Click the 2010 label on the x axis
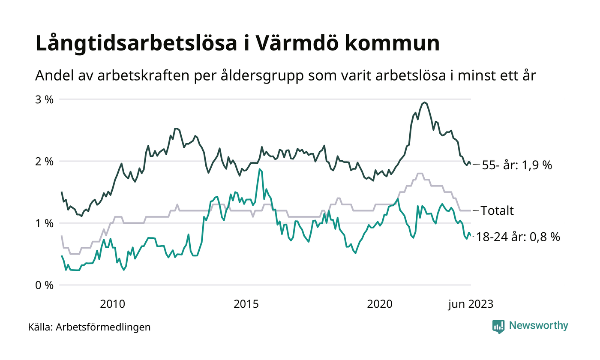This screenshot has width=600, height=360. click(112, 304)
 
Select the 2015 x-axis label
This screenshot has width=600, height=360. click(246, 304)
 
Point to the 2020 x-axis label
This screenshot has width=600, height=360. click(380, 304)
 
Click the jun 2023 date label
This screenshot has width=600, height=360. click(471, 304)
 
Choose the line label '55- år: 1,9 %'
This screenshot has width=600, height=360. click(517, 165)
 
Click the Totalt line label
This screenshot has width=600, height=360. click(497, 210)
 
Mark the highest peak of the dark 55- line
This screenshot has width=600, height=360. click(424, 102)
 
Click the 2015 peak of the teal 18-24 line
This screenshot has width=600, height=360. click(259, 169)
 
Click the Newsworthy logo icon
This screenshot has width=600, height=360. click(498, 326)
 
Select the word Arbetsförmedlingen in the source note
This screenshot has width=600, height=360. click(103, 327)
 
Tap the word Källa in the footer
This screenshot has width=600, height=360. click(40, 327)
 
